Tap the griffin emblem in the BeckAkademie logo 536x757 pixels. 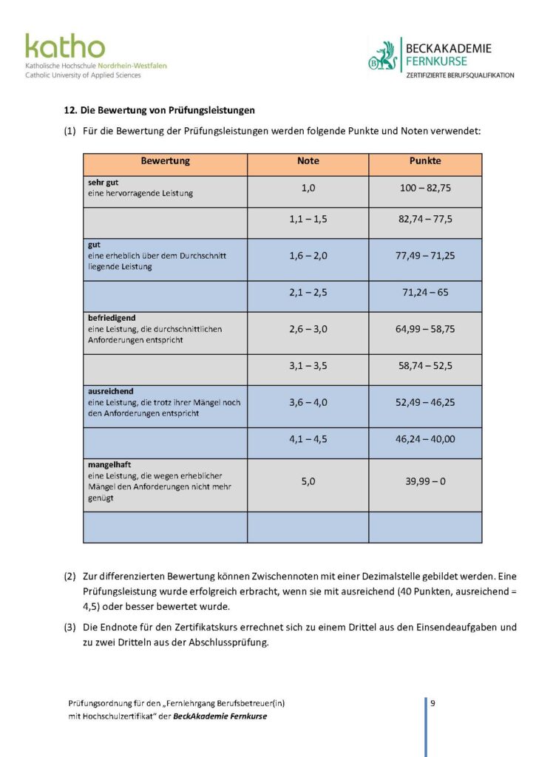click(384, 57)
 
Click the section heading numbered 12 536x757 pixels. click(159, 111)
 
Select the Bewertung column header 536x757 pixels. click(165, 161)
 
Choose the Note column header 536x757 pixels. click(308, 161)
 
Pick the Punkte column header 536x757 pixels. click(425, 161)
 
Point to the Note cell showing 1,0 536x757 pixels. click(308, 189)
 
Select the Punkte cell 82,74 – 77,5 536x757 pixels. click(425, 220)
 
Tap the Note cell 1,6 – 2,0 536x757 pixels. click(308, 255)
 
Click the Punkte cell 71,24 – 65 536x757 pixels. click(425, 292)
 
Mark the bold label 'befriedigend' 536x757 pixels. click(112, 318)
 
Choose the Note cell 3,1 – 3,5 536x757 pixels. click(308, 365)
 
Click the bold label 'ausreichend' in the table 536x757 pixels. click(110, 391)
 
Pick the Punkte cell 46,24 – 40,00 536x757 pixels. click(425, 439)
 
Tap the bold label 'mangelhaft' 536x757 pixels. click(109, 465)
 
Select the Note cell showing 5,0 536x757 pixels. click(308, 481)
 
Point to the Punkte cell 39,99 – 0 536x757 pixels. click(425, 481)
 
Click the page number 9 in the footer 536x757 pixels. click(432, 703)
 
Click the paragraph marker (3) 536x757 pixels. click(69, 628)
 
